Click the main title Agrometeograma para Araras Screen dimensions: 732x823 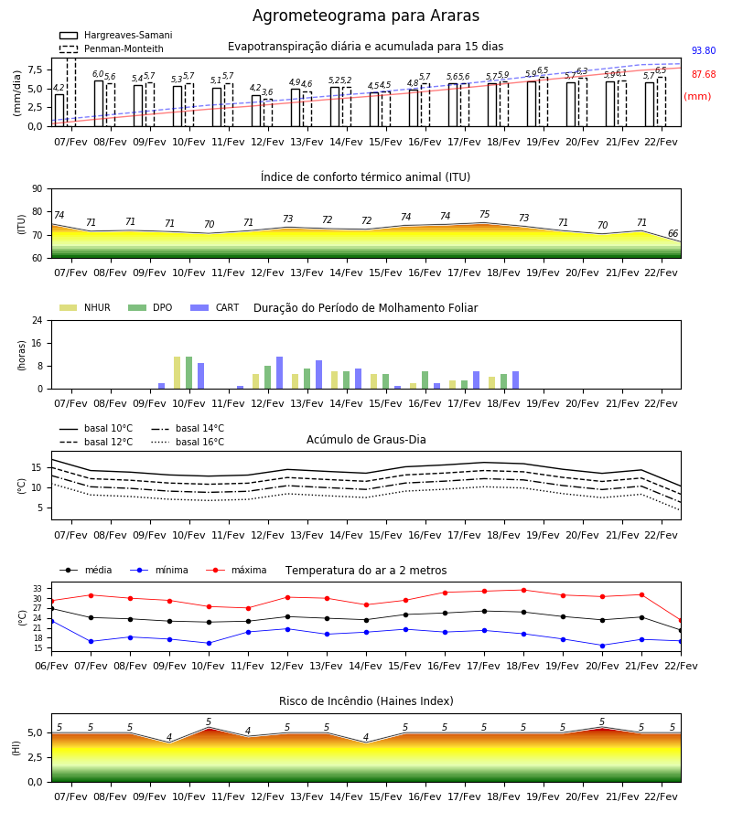(365, 16)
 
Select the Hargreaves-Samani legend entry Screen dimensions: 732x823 (116, 35)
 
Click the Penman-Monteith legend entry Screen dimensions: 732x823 (112, 48)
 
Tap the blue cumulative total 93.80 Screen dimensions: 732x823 (704, 50)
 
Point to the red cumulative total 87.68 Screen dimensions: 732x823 (704, 75)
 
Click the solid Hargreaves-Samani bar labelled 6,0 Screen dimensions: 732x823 (99, 103)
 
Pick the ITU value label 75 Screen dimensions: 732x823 (484, 214)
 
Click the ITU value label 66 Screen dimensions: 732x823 (673, 233)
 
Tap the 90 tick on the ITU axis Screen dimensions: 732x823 (38, 189)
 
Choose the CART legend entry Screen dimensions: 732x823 (215, 307)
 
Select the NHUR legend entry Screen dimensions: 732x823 (85, 307)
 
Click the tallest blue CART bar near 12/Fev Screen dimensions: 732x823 (279, 373)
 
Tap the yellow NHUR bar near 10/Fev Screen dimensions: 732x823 (177, 373)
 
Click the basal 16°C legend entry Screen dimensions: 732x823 (188, 442)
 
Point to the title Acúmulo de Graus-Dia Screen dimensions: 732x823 (366, 440)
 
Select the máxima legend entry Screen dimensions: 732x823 (236, 570)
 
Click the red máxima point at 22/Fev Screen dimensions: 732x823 (681, 620)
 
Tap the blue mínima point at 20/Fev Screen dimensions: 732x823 (602, 646)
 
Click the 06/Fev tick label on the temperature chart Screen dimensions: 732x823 (51, 666)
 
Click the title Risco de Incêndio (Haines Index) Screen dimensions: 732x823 (366, 701)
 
